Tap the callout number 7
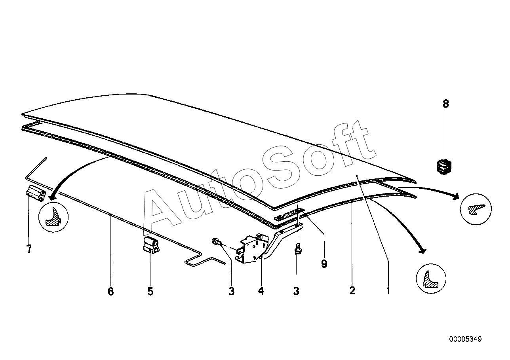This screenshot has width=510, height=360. pyautogui.click(x=29, y=249)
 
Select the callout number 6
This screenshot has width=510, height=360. pyautogui.click(x=110, y=292)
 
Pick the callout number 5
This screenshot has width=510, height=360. pyautogui.click(x=150, y=292)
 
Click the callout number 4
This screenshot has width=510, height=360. pyautogui.click(x=261, y=292)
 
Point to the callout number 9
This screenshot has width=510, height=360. pyautogui.click(x=324, y=264)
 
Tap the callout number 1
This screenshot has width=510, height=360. pyautogui.click(x=388, y=292)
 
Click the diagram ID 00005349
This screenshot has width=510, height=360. pyautogui.click(x=465, y=339)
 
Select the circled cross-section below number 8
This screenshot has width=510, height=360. pyautogui.click(x=476, y=208)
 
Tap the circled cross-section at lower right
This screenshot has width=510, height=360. pyautogui.click(x=431, y=278)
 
